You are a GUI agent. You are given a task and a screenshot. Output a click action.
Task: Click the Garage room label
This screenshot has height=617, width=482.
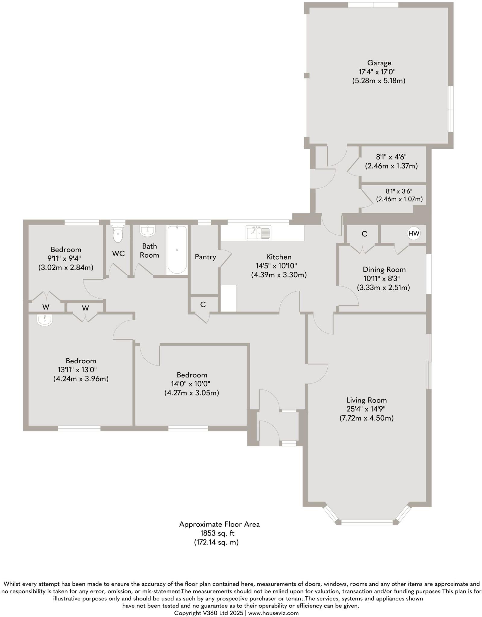[379, 63]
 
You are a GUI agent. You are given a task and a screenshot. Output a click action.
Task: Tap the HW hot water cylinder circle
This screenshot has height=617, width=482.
[414, 233]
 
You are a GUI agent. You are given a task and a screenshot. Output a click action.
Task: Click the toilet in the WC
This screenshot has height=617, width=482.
[118, 234]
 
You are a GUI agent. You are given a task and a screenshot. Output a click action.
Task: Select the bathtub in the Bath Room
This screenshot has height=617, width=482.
[177, 250]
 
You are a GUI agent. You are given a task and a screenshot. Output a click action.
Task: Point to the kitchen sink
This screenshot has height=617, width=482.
[258, 233]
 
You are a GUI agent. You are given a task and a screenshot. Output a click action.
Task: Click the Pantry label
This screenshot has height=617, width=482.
[205, 257]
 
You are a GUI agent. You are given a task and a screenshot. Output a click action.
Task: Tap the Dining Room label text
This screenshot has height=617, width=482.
[384, 270]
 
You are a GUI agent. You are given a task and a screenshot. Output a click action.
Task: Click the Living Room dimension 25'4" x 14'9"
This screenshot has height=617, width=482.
[366, 409]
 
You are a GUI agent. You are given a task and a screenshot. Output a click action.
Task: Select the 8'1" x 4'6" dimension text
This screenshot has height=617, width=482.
[391, 157]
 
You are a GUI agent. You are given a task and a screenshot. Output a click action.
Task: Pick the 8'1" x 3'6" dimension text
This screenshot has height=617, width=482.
[399, 191]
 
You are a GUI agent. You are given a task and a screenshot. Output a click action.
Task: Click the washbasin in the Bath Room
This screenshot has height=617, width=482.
[147, 231]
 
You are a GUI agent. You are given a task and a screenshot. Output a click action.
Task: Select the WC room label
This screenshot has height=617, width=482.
[118, 254]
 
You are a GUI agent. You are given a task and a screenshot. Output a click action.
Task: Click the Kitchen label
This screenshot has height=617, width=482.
[279, 257]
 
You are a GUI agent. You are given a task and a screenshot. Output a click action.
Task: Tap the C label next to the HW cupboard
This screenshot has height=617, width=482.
[364, 234]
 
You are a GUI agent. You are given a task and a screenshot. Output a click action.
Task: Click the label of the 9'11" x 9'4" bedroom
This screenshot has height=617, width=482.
[66, 249]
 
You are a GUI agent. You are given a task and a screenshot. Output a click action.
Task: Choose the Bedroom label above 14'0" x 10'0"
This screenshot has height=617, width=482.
[192, 375]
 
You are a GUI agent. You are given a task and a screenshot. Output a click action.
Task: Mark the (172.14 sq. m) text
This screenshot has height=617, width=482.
[216, 542]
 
